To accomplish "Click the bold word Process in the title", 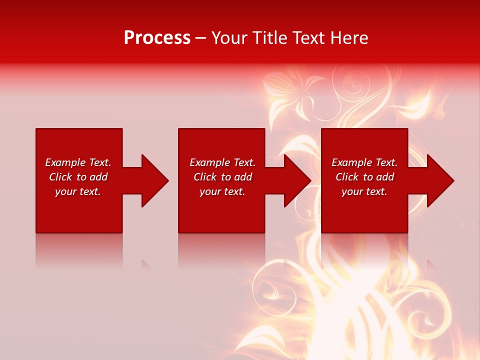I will tap(157, 38).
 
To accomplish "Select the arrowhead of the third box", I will tap(440, 180).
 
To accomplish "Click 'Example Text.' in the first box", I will tap(78, 162).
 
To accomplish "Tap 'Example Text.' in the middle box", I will tap(222, 162).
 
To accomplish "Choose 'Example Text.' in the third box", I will tap(364, 162).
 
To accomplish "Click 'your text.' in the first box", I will tap(78, 191).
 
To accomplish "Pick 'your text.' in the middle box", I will tap(222, 191).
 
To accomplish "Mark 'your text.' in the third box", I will tap(364, 191).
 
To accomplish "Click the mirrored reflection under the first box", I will tap(79, 250).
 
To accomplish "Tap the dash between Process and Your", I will tap(200, 38).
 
